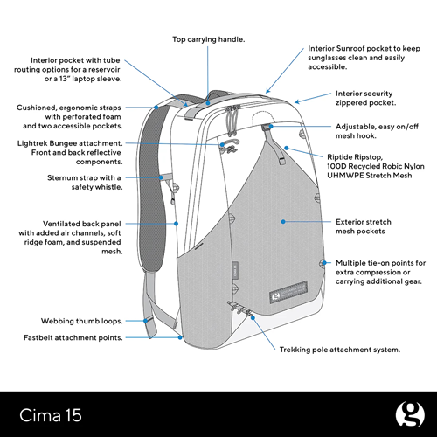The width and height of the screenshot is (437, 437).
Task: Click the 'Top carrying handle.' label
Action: pos(208,39)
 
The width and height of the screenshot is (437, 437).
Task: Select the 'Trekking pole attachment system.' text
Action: pos(340,350)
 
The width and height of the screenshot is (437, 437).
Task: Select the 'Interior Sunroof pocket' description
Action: pos(365,59)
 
